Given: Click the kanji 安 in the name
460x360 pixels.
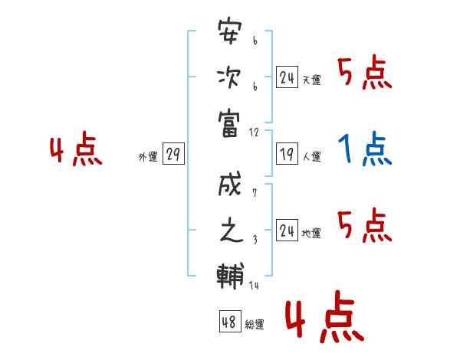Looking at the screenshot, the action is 230,31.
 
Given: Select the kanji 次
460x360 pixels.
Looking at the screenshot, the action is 229,77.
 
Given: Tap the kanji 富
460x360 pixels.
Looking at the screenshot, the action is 229,124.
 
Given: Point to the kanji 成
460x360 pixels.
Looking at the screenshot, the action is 230,184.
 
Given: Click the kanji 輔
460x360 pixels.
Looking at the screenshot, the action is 230,276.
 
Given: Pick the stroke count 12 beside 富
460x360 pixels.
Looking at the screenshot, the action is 254,133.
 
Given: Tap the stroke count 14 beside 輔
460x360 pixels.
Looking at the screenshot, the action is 254,285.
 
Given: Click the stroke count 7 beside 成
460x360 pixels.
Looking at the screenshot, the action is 255,192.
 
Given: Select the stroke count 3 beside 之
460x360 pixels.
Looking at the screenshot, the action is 255,240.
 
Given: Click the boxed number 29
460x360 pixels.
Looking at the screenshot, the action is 173,153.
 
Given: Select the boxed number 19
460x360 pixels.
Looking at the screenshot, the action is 287,153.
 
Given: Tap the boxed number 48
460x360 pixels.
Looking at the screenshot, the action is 230,321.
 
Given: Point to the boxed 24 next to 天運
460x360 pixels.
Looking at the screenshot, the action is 287,77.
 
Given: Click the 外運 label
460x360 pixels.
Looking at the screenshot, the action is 148,157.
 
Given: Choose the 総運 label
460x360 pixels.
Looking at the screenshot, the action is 255,325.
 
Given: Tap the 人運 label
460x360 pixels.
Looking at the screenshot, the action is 312,156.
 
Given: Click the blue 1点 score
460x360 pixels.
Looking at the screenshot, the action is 365,149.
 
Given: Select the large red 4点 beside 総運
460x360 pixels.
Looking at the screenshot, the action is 324,317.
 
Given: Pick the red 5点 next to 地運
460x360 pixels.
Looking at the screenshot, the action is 365,225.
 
